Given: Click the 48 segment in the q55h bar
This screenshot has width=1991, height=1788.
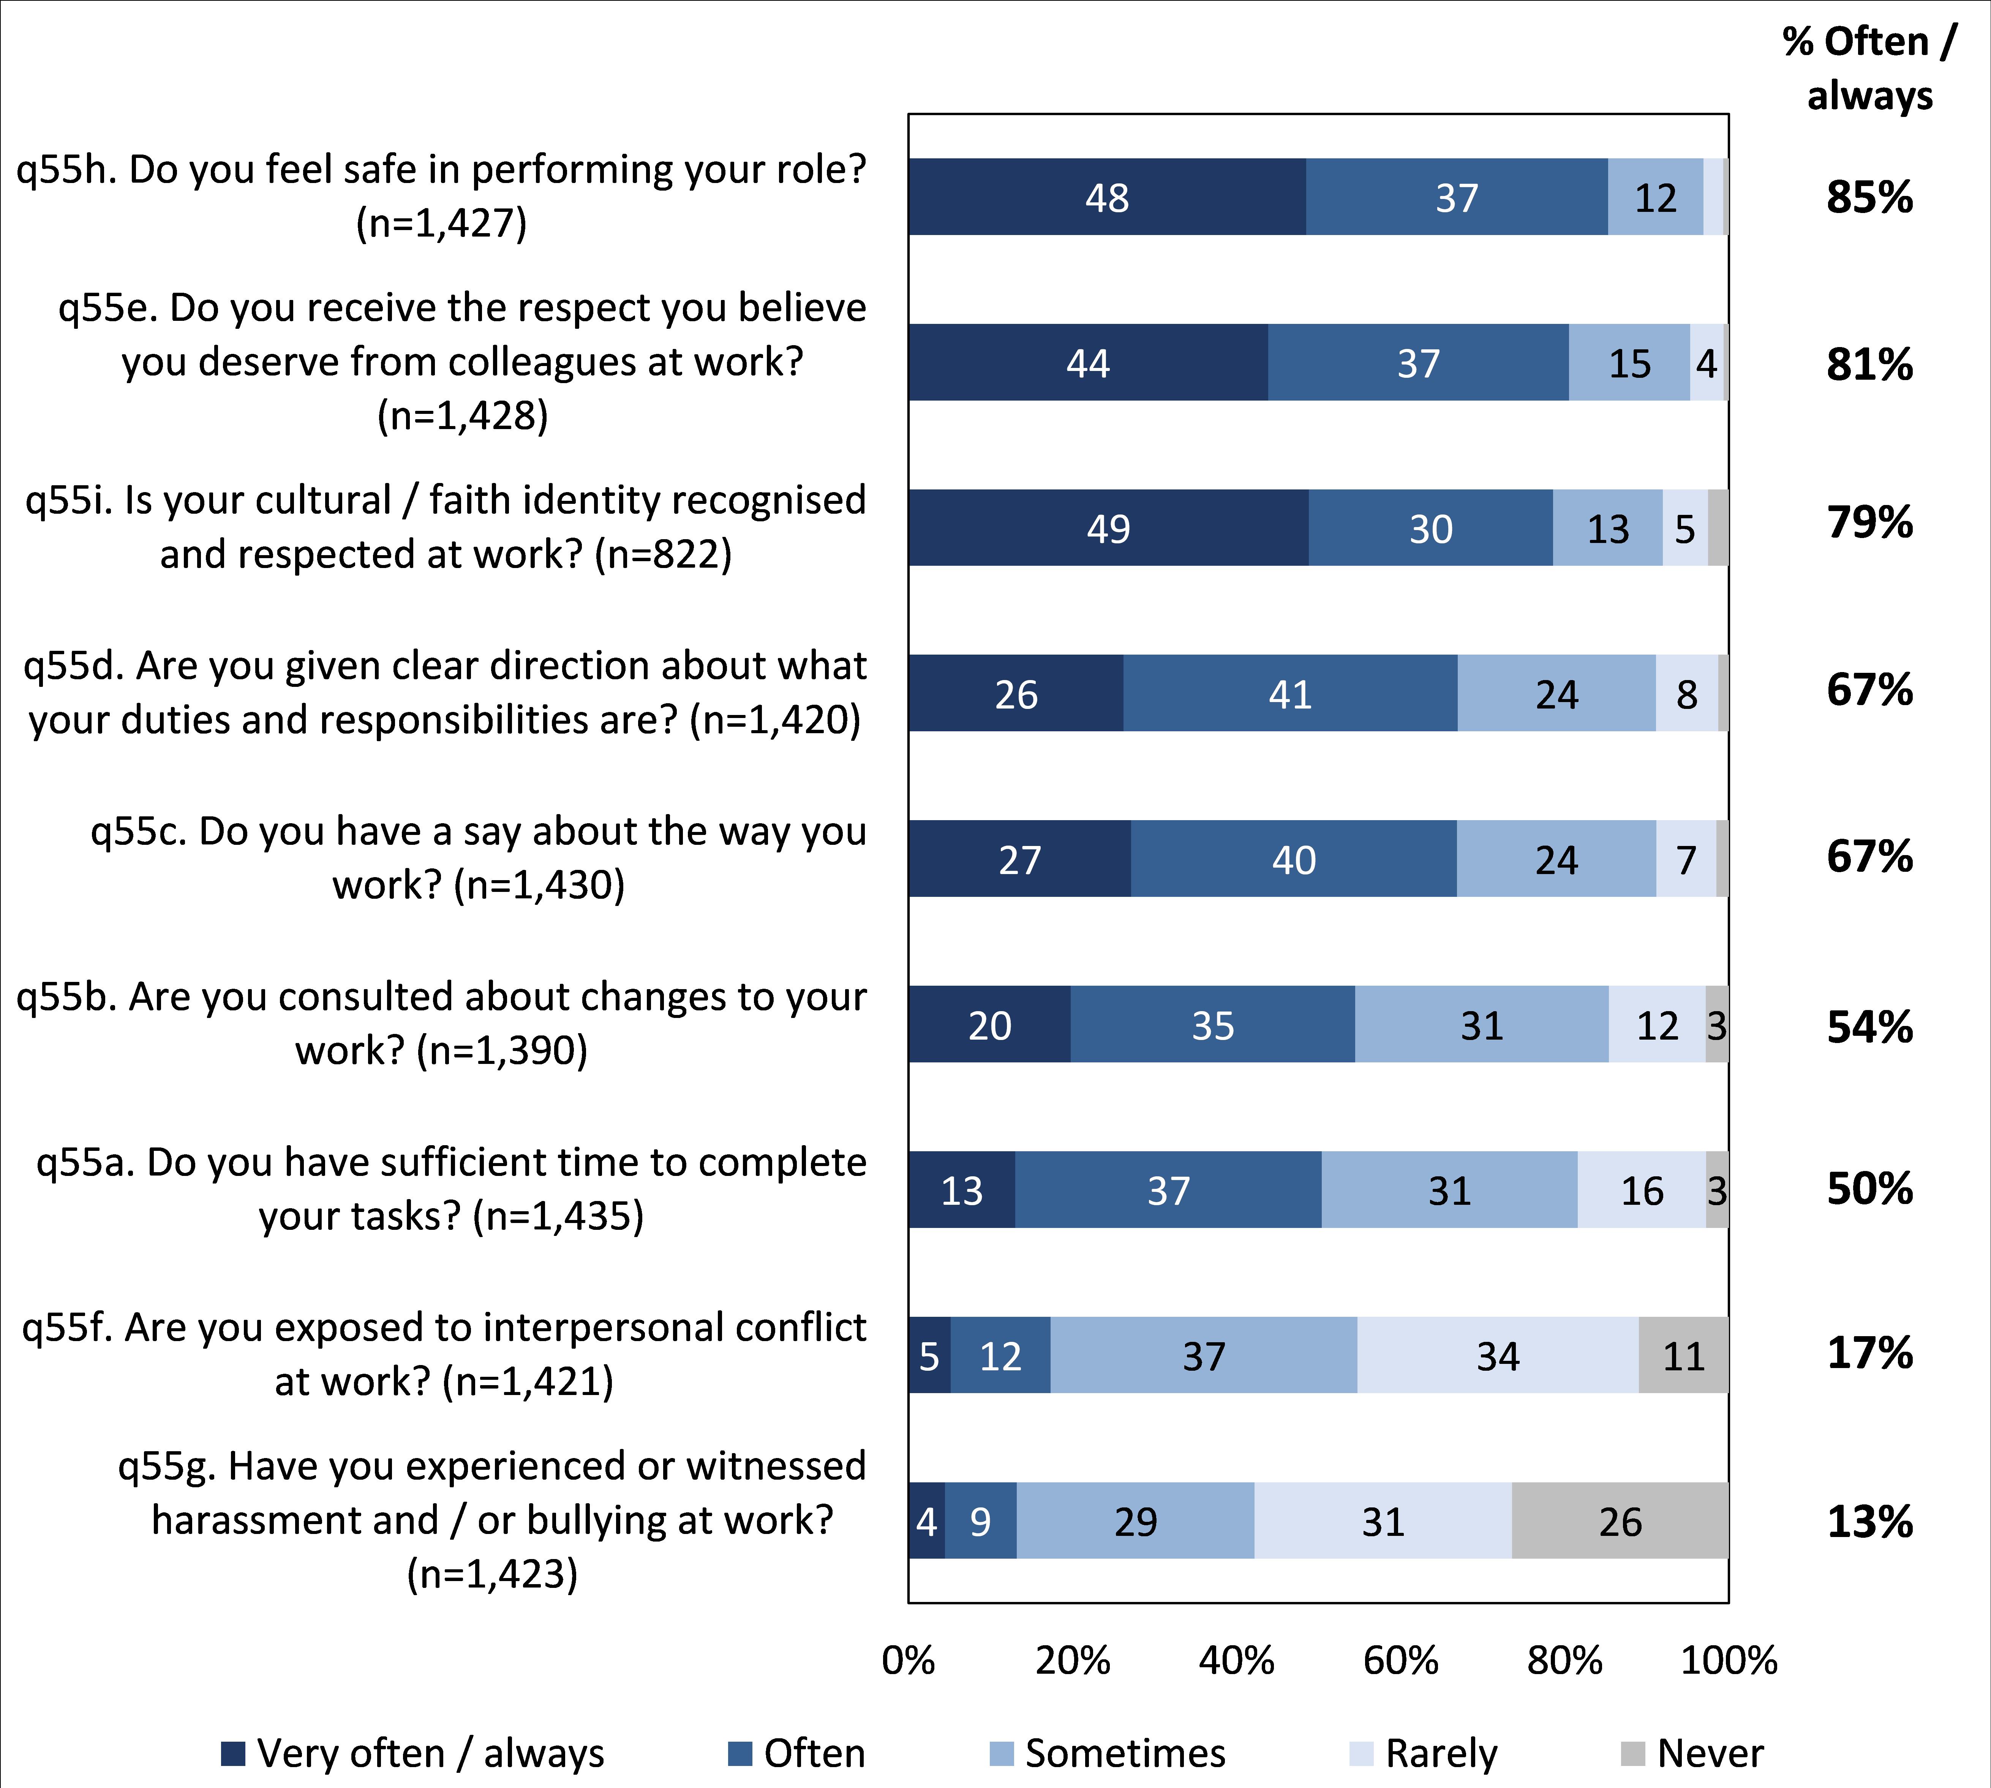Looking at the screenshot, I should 1106,197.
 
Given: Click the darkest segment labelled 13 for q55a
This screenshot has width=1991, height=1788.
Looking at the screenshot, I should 961,1191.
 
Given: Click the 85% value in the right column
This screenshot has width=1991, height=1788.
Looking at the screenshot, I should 1869,197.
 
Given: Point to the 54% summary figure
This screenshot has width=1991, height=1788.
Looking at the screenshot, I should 1869,1027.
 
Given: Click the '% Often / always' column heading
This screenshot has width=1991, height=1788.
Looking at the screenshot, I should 1869,69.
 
